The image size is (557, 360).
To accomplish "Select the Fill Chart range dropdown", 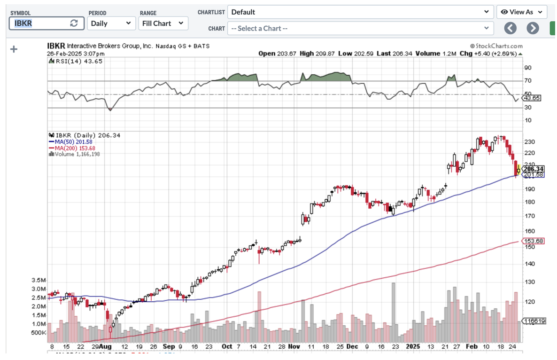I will [x=163, y=23].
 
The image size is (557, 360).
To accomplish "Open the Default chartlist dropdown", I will [x=360, y=12].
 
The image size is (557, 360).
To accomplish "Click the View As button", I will [x=522, y=12].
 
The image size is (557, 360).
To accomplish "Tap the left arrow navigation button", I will [x=511, y=28].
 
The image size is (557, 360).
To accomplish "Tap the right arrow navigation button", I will [x=533, y=28].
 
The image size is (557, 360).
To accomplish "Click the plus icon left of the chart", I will [x=14, y=49].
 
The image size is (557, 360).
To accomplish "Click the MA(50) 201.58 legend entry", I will [x=71, y=141].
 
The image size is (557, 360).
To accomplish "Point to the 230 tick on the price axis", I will [x=530, y=142].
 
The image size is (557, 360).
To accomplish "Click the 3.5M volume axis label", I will [x=39, y=281].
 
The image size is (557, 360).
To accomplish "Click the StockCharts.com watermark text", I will [x=496, y=46].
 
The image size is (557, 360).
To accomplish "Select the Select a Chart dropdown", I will [x=360, y=28].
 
